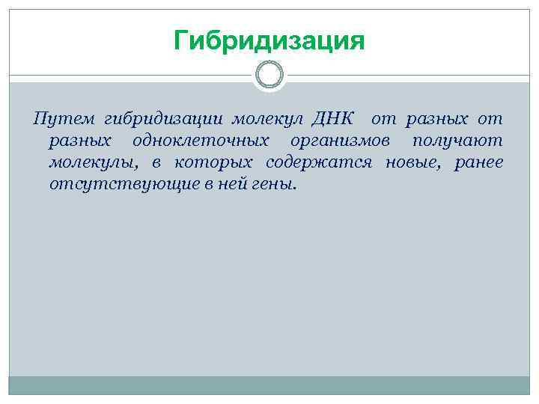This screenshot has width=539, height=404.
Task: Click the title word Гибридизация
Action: [x=269, y=40]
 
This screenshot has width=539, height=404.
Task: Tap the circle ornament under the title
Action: [x=269, y=75]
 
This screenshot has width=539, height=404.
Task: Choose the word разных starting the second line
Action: [x=81, y=141]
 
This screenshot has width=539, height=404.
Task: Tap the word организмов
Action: [x=340, y=141]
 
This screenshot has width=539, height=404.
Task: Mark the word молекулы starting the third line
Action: [x=88, y=162]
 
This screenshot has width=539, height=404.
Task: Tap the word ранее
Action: [x=479, y=162]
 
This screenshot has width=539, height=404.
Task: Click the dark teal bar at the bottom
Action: [x=269, y=385]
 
